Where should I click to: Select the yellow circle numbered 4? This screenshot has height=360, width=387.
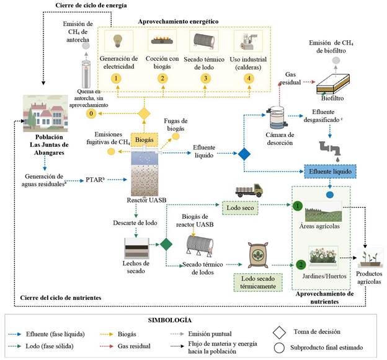(x=249, y=78)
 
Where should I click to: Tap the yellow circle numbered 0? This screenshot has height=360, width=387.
(x=92, y=114)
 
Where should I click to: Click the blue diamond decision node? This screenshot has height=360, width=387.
(x=243, y=154)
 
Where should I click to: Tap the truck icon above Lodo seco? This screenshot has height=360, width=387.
(x=248, y=190)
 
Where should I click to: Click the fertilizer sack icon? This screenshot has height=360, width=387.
(x=258, y=253)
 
